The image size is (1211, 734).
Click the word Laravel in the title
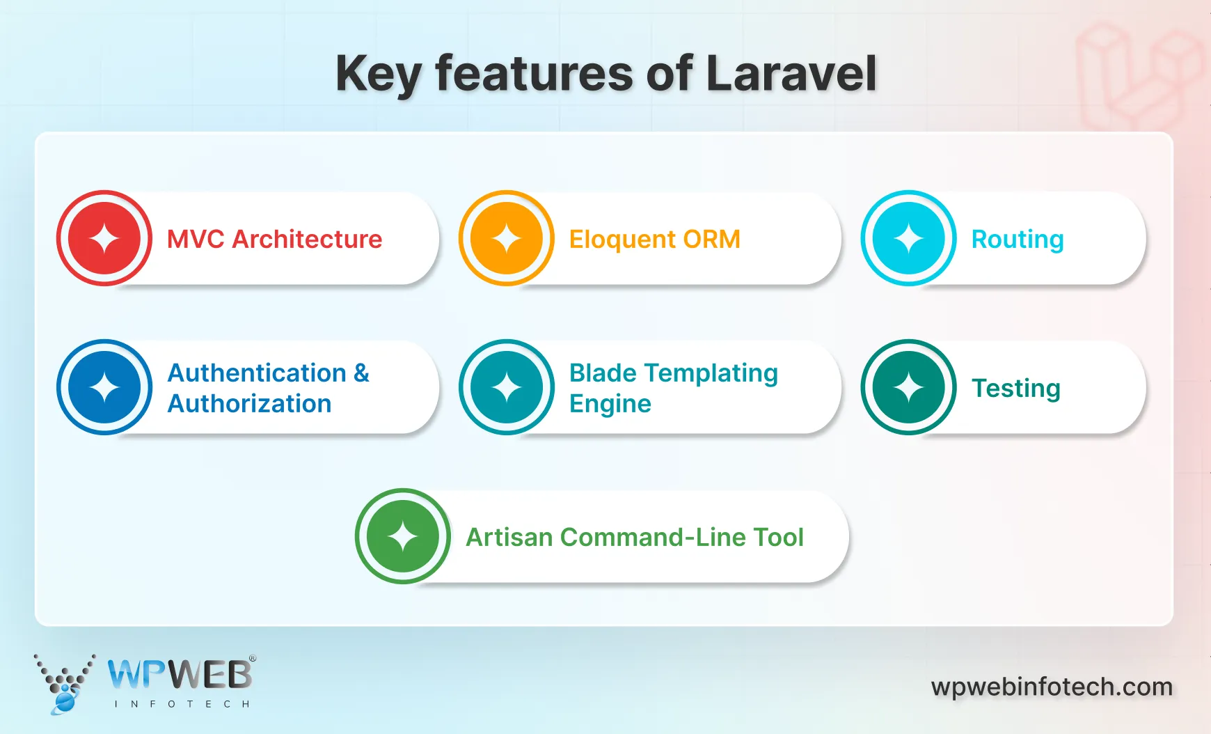791,73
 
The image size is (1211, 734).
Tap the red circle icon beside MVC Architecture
104,238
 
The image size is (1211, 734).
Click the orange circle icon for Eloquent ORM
507,238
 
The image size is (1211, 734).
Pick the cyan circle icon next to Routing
908,238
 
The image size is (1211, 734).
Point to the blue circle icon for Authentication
104,387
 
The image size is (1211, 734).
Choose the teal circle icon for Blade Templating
507,387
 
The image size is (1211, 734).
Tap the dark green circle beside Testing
908,387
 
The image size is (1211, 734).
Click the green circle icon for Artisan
403,536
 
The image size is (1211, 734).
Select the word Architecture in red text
307,239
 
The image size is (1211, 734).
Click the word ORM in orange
711,239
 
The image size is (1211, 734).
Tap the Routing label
1017,240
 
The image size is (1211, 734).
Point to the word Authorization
249,404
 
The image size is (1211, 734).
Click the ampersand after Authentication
361,373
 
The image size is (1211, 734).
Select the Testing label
1015,389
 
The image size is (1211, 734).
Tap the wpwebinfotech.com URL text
1052,687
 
